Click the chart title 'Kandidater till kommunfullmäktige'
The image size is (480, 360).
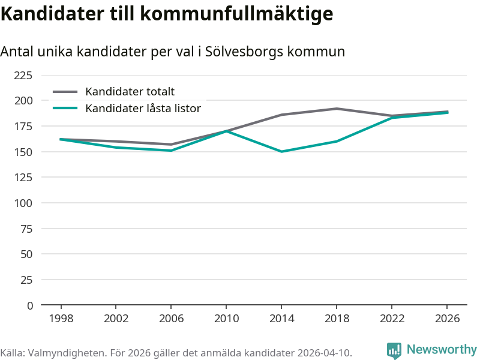tap(167, 13)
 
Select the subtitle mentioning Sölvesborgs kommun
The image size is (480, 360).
tap(173, 52)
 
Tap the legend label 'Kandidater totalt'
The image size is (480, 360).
tap(130, 92)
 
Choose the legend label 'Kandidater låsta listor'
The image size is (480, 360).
tap(143, 109)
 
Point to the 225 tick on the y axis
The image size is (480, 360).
tap(23, 75)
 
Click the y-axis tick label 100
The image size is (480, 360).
tap(23, 203)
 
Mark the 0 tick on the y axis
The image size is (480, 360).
tap(29, 305)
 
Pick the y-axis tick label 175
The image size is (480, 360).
tap(23, 126)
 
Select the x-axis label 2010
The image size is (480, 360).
tap(226, 319)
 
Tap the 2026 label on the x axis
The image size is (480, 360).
tap(447, 319)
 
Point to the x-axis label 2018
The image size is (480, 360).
tap(337, 319)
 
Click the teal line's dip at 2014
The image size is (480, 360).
tap(281, 152)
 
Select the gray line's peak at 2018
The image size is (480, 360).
tap(337, 109)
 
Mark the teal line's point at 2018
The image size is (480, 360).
tap(337, 142)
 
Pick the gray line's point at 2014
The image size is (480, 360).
tap(281, 115)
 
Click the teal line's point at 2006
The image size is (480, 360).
tap(171, 151)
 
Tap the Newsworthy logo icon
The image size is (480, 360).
tap(394, 350)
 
